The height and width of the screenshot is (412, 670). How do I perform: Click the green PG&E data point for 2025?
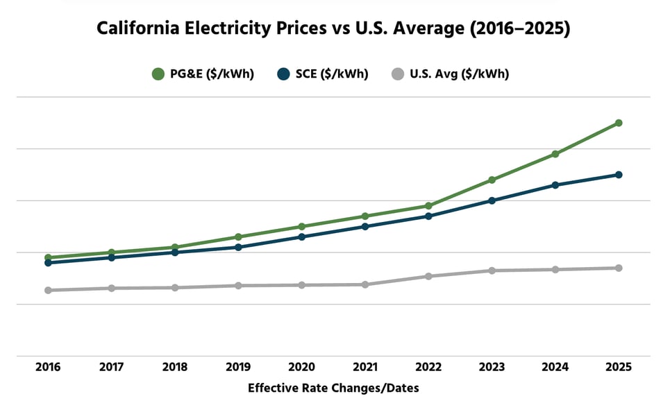(618, 123)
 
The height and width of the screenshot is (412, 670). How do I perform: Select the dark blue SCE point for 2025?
(618, 175)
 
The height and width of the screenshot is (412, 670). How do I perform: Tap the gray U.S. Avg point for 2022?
(428, 276)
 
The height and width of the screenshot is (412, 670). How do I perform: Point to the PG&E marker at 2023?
(492, 180)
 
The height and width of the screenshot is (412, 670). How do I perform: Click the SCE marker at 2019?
(238, 247)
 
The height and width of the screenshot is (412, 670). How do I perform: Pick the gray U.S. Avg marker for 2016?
(48, 290)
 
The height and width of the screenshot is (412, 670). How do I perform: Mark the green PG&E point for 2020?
(302, 226)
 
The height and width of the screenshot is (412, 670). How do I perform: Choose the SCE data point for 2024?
(555, 185)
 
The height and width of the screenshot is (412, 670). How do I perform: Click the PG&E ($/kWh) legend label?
(212, 74)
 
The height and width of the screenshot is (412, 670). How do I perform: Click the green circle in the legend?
(158, 74)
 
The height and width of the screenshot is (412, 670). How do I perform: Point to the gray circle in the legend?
(397, 74)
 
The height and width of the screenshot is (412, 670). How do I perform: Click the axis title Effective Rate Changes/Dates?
(333, 388)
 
